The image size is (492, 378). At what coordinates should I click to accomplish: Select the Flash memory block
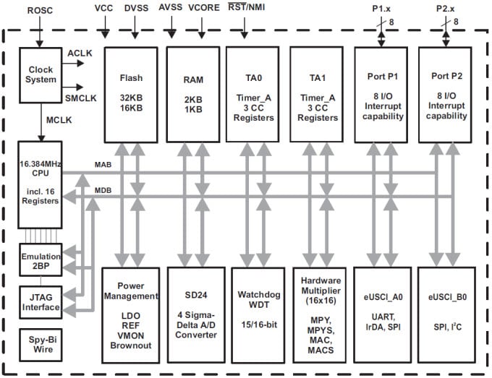(x=130, y=94)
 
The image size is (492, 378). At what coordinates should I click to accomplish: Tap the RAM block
(x=192, y=94)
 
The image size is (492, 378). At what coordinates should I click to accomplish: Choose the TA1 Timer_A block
(x=315, y=94)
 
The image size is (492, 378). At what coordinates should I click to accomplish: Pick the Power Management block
(x=130, y=314)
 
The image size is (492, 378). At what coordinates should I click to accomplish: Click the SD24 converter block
(x=192, y=314)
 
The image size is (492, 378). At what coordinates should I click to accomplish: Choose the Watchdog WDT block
(x=253, y=314)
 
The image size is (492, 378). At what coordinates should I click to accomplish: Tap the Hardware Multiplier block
(x=315, y=314)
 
